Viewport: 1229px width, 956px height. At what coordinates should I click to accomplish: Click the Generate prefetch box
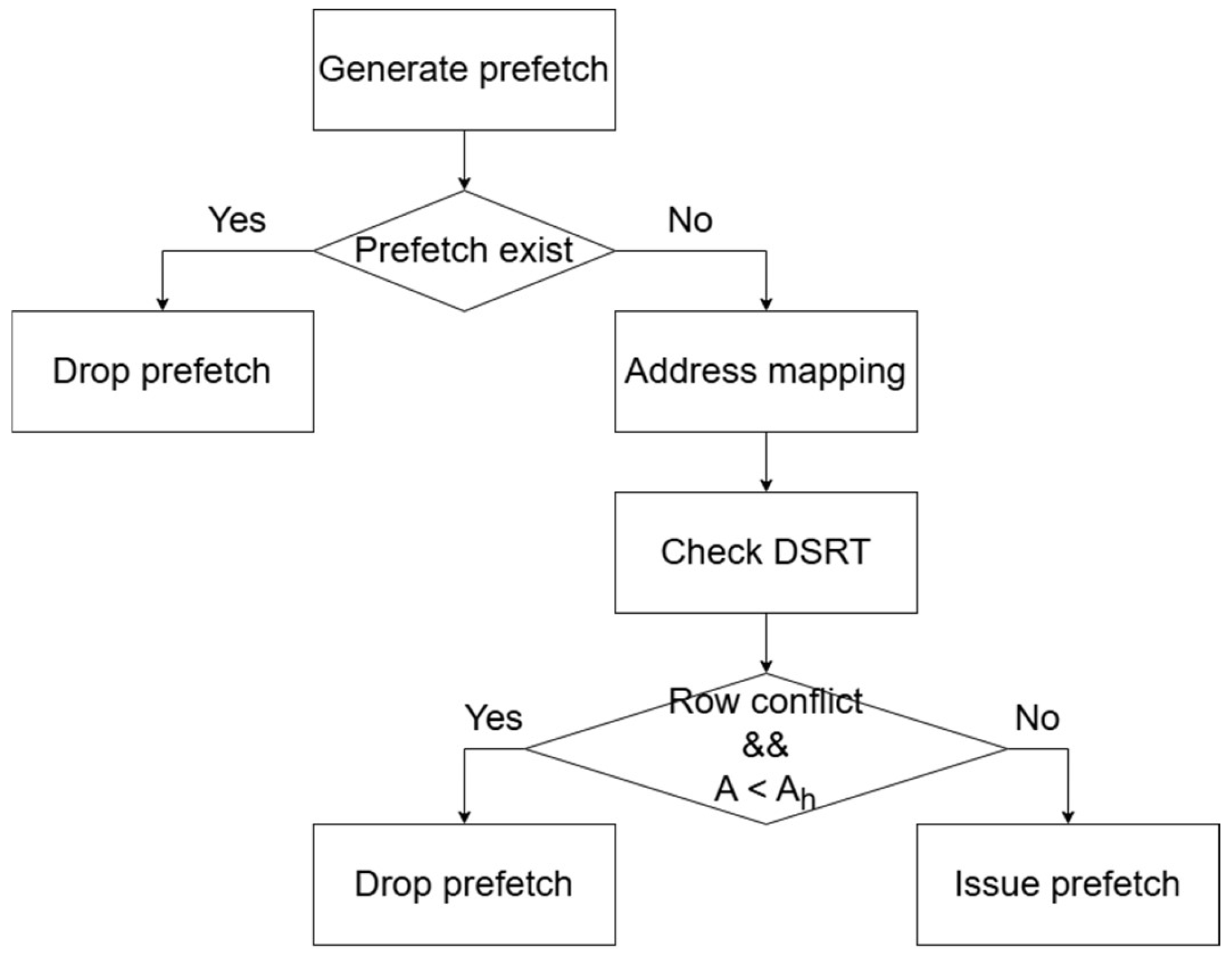pos(464,70)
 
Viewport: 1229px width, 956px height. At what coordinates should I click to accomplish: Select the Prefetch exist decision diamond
pos(464,250)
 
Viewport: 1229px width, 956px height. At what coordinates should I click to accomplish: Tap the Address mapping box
pos(766,371)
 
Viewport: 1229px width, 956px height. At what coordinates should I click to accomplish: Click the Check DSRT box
pos(766,552)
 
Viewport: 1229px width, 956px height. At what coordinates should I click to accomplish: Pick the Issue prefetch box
pos(1068,884)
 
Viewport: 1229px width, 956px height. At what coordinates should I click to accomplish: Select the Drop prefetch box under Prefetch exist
pos(162,371)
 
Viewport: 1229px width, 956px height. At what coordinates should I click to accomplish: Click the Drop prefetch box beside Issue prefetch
pos(464,884)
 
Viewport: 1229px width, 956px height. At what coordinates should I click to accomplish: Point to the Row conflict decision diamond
pos(766,749)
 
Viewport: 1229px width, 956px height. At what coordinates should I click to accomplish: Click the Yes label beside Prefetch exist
pos(237,219)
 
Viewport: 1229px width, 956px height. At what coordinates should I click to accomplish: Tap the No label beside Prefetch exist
pos(690,219)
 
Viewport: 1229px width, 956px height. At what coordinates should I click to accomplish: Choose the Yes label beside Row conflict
pos(494,718)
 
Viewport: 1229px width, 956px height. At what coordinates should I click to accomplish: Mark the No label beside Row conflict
pos(1037,718)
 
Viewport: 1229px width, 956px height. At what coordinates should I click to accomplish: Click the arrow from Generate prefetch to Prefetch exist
pos(464,160)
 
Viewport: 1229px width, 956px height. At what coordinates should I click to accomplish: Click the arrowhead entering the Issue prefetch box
pos(1068,817)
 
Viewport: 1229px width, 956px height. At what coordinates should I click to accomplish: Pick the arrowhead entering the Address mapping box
pos(766,304)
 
